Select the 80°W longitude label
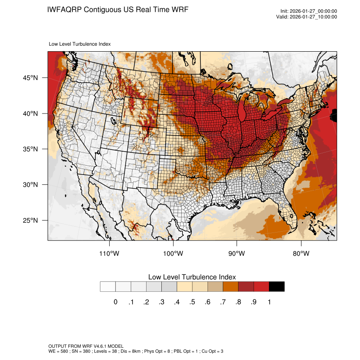click(301, 254)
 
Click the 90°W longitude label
click(237, 254)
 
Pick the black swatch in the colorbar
click(277, 287)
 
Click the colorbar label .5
click(192, 302)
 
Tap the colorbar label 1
click(269, 302)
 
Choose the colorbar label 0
click(115, 302)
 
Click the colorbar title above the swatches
click(192, 277)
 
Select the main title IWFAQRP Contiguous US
click(118, 10)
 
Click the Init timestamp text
click(309, 11)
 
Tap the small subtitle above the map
click(80, 44)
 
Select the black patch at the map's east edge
click(334, 115)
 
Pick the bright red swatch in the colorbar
click(261, 287)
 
